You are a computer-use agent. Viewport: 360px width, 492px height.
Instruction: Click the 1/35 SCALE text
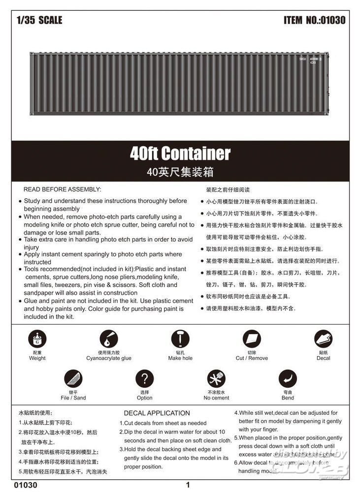point(39,21)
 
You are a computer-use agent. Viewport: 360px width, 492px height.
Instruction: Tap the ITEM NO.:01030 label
point(314,21)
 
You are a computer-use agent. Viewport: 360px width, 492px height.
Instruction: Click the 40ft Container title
point(180,154)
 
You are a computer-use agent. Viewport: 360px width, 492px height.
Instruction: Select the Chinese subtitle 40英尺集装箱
point(180,172)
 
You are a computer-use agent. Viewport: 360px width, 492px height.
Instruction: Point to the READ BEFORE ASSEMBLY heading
point(62,189)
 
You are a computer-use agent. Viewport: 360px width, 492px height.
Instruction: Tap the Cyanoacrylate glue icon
point(108,339)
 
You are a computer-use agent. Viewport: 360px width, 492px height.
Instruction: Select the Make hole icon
point(180,339)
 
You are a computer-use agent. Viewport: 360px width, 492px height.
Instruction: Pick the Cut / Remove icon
point(252,339)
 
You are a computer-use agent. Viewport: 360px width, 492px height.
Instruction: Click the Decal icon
point(324,339)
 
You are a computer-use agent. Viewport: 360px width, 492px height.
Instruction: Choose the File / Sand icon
point(73,379)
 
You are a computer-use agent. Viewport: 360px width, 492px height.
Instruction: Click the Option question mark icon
point(144,379)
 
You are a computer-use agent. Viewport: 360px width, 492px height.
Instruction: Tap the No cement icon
point(216,379)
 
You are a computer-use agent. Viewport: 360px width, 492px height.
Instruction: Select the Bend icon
point(288,379)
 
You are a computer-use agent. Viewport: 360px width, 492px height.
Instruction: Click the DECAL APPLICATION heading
point(157,413)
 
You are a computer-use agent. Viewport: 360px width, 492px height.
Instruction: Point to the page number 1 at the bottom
point(188,485)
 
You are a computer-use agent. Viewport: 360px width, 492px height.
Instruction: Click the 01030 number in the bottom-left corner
point(27,485)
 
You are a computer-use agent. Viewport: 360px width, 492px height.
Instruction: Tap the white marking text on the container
point(310,61)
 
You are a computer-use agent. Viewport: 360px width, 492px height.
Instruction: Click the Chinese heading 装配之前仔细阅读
point(228,189)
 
